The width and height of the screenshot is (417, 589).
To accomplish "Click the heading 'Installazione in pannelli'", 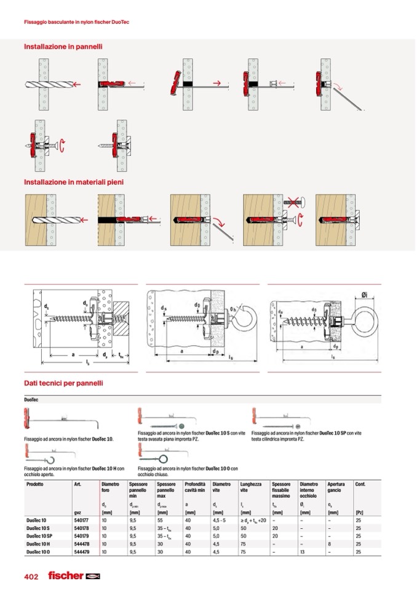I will [63, 46].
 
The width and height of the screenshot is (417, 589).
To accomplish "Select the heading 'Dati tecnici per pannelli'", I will [63, 383].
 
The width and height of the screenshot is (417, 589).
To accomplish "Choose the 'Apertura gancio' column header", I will [336, 488].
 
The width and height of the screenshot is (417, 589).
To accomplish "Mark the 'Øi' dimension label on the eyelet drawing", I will [364, 295].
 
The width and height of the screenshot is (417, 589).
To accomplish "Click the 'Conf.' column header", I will [360, 484].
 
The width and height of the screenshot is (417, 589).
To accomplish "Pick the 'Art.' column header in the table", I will [77, 484].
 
